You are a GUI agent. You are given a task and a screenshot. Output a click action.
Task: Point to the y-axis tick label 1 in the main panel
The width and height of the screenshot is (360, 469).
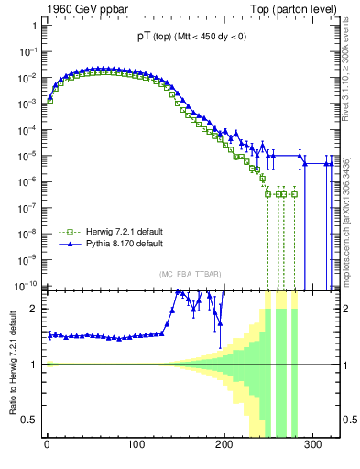pyautogui.click(x=33, y=26)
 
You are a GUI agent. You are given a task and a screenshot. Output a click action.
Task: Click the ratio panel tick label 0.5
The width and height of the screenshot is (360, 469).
pyautogui.click(x=29, y=420)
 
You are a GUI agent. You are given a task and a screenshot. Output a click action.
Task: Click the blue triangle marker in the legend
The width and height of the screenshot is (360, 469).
pyautogui.click(x=65, y=245)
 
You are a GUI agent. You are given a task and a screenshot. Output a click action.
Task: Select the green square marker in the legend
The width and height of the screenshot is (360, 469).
pyautogui.click(x=65, y=233)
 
